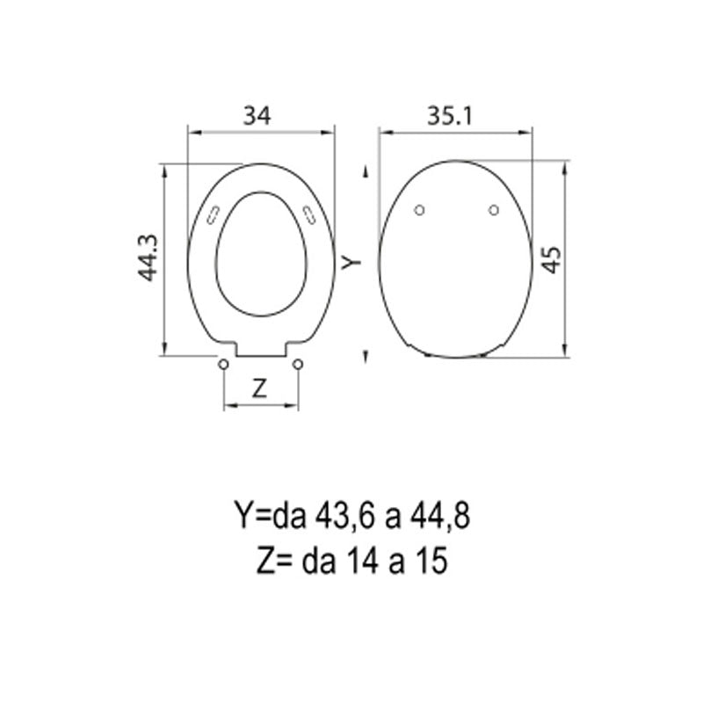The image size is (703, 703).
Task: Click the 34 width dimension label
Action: [257, 114]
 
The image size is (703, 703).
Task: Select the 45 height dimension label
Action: [550, 259]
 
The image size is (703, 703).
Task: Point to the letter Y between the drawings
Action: [351, 261]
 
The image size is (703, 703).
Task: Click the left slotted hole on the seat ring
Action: [212, 214]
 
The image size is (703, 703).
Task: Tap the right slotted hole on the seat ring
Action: [308, 214]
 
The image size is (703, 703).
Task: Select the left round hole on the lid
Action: [419, 209]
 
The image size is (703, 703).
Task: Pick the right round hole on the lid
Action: [494, 209]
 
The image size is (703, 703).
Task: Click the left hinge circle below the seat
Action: [223, 364]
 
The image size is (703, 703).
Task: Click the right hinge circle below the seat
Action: [298, 364]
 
